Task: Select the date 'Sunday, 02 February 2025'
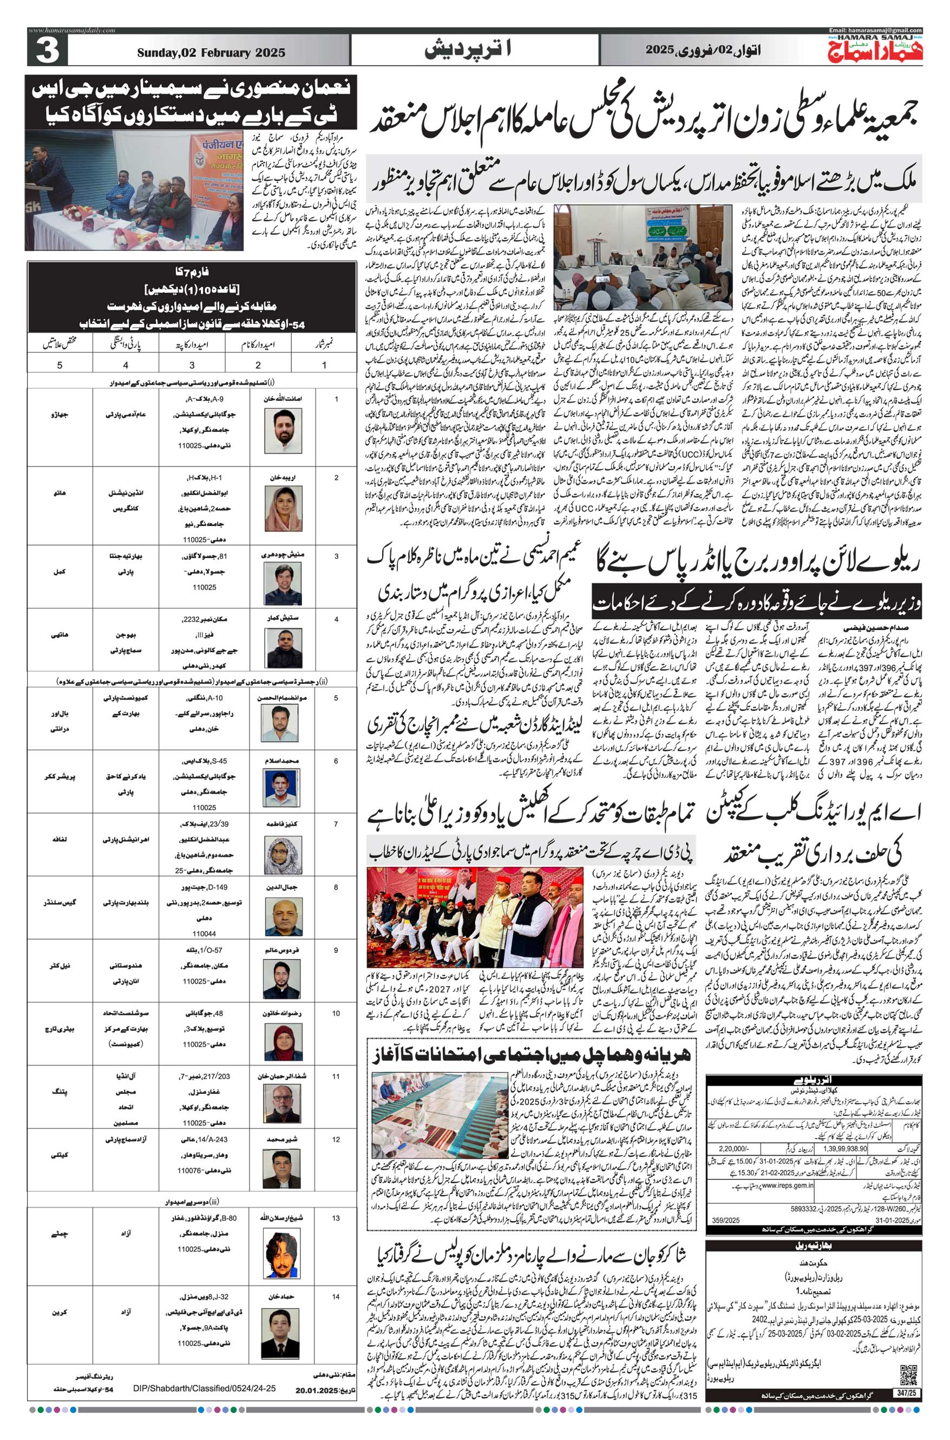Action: pos(211,53)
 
